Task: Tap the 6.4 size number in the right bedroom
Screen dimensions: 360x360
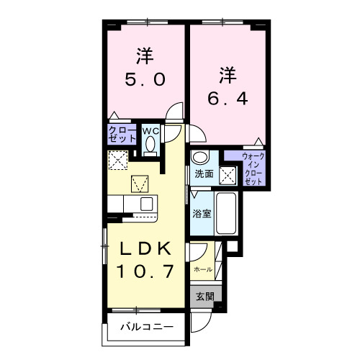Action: [x=228, y=97]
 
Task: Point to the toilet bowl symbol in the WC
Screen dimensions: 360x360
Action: [x=150, y=145]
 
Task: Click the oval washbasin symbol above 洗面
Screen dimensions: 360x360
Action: [x=199, y=158]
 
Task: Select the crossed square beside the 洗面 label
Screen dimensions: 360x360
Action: [x=227, y=174]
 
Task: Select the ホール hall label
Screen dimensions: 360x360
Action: [x=202, y=269]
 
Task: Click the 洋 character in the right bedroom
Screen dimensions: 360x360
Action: [x=228, y=74]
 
